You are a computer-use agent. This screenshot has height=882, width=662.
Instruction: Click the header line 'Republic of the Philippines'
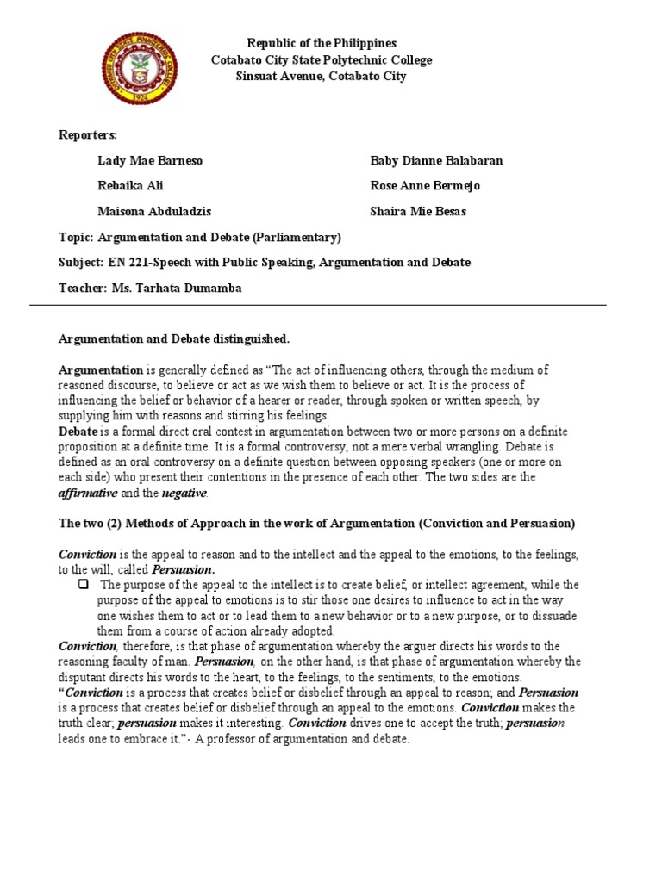322,43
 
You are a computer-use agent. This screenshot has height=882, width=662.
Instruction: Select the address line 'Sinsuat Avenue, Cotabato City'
322,76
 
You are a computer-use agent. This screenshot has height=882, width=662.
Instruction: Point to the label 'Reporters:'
87,135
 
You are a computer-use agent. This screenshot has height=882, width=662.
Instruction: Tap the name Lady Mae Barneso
150,161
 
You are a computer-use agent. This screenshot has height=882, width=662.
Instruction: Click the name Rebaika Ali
130,186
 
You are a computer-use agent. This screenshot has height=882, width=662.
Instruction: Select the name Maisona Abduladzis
154,212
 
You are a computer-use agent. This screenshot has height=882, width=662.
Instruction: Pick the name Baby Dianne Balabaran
436,161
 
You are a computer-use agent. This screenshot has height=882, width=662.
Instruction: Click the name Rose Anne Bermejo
425,186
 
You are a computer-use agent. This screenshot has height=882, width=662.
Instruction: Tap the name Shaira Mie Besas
419,212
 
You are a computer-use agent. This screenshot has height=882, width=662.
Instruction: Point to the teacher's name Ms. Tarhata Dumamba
177,288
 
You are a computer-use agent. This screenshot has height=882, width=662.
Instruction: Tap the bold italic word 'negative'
184,493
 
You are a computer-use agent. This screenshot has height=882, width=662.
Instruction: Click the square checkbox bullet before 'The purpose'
84,585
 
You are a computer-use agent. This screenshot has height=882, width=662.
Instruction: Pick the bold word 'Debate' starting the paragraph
78,431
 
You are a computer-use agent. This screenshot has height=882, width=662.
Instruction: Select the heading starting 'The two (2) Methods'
316,524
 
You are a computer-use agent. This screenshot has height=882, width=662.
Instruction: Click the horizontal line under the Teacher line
318,305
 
